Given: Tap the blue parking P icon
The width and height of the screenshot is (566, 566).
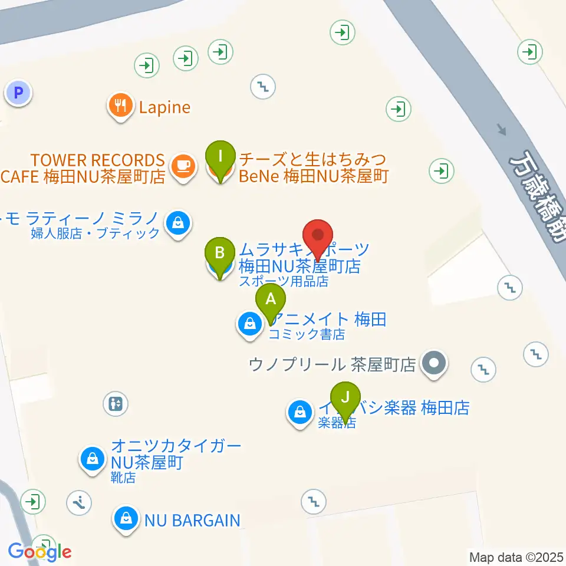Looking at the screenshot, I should [x=19, y=93].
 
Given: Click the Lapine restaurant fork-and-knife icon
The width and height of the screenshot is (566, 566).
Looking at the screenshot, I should [x=121, y=106].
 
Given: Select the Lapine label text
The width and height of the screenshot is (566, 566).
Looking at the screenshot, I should [x=164, y=107].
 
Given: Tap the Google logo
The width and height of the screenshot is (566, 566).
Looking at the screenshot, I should [x=40, y=552].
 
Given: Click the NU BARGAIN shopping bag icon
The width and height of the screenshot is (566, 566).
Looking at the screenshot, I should [x=126, y=519].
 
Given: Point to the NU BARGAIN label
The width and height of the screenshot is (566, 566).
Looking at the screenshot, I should [x=192, y=521].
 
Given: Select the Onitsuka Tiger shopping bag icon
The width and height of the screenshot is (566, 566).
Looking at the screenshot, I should [x=93, y=458].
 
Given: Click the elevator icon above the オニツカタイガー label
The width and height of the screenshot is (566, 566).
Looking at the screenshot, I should [x=115, y=404].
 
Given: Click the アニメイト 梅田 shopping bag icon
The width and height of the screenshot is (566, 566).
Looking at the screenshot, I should [x=250, y=324].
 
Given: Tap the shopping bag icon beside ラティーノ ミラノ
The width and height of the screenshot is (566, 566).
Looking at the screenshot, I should [x=177, y=223].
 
